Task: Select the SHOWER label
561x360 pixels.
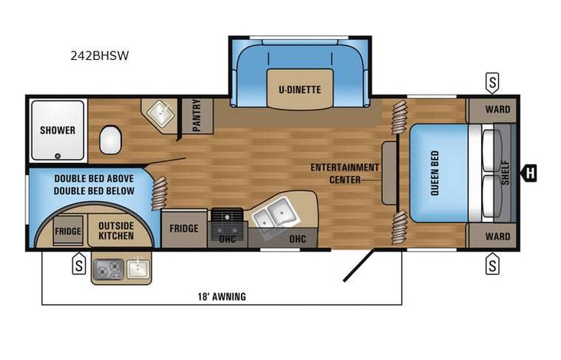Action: coord(58,130)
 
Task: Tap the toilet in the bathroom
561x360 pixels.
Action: coord(111,140)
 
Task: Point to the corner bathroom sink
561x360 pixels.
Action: coord(160,116)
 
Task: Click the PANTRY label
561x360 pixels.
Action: coord(196,115)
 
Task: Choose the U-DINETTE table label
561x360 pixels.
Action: coord(299,90)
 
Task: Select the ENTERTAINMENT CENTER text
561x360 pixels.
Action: coord(345,173)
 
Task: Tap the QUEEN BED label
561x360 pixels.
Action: coord(434,173)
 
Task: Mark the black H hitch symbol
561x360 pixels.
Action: coord(529,173)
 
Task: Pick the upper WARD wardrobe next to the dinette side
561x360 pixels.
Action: coord(497,110)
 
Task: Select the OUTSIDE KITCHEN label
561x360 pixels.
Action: coord(116,230)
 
